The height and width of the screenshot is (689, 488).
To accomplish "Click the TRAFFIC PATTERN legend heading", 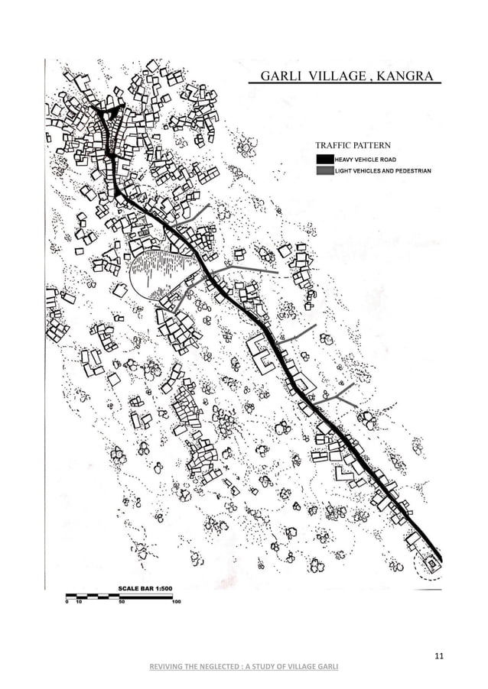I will (x=353, y=144).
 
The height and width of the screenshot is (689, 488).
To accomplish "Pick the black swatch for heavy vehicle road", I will (x=324, y=159).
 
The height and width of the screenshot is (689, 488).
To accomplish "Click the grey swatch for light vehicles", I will (x=324, y=171).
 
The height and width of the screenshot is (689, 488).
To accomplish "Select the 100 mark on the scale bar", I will (x=176, y=602).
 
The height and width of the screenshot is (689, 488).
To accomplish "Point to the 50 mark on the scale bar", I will (x=120, y=602).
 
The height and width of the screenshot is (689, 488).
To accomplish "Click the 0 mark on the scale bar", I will (x=67, y=602).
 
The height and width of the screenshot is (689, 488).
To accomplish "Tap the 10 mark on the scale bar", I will (x=79, y=602).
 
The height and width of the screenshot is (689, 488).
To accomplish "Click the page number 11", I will (x=438, y=655).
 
